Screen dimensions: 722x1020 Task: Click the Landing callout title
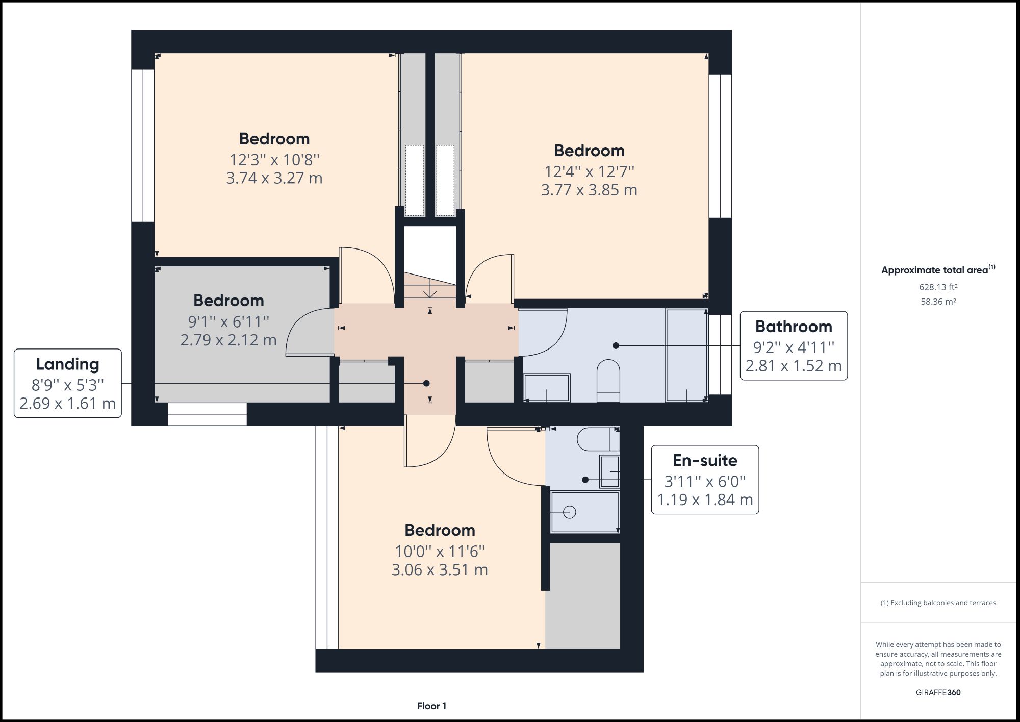[x=67, y=364]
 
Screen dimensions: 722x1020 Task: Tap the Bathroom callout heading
[x=793, y=327]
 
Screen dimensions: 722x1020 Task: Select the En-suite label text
[x=705, y=461]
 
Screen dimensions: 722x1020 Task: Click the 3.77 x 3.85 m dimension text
[x=589, y=190]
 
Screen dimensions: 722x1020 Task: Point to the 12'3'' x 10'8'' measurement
[x=274, y=160]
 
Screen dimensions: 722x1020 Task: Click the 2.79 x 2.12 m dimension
[x=228, y=340]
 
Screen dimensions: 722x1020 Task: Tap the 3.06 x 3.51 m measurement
[x=440, y=570]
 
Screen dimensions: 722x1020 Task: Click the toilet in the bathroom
[x=608, y=380]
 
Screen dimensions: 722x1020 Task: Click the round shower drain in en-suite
[x=570, y=512]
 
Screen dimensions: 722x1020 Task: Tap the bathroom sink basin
[x=547, y=388]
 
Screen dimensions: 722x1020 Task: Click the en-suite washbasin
[x=609, y=472]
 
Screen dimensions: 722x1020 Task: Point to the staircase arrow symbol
[x=430, y=290]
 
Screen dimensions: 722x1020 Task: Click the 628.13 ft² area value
[x=938, y=287]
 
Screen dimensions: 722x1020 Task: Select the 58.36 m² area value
[x=938, y=302]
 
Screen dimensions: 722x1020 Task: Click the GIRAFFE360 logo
[x=938, y=692]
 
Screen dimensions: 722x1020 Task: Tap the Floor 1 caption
[x=431, y=706]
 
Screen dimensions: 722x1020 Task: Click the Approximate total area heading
[x=937, y=270]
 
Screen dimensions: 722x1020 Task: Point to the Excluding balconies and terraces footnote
[x=938, y=603]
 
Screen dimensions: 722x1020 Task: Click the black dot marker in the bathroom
[x=616, y=345]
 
